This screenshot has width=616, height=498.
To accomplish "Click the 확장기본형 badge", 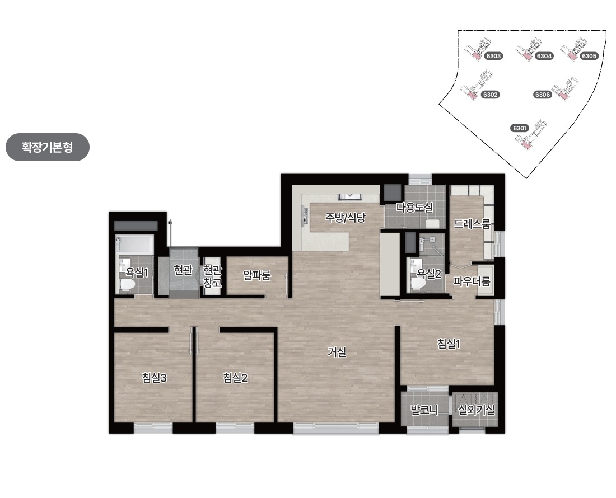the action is tap(48, 147).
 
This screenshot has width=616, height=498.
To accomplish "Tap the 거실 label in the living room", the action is tap(337, 352).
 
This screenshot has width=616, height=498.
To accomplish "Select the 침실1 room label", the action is tap(449, 344).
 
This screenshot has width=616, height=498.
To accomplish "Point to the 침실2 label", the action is tap(235, 378).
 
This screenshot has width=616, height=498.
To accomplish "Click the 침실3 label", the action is tap(155, 378).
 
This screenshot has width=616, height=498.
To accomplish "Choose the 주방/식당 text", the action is tap(346, 218).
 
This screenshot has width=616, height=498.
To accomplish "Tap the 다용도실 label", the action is tap(414, 207).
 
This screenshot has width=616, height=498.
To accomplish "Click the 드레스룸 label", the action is tap(472, 224).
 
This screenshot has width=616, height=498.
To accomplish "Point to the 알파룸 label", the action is tap(257, 275).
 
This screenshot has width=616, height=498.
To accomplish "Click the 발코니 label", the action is tap(424, 410).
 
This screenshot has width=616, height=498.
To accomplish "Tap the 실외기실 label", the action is tap(476, 410).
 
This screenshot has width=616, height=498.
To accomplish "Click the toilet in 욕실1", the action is tap(127, 285).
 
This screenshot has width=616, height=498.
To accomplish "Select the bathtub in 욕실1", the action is tap(134, 245).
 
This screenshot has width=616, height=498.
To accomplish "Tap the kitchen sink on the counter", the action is tap(349, 196).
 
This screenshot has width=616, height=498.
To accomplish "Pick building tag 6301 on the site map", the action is tap(519, 128).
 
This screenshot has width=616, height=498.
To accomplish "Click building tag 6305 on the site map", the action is tap(589, 56).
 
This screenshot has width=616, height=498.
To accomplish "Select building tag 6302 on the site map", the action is tap(491, 95).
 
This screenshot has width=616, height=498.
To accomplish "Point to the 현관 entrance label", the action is tap(183, 270).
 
